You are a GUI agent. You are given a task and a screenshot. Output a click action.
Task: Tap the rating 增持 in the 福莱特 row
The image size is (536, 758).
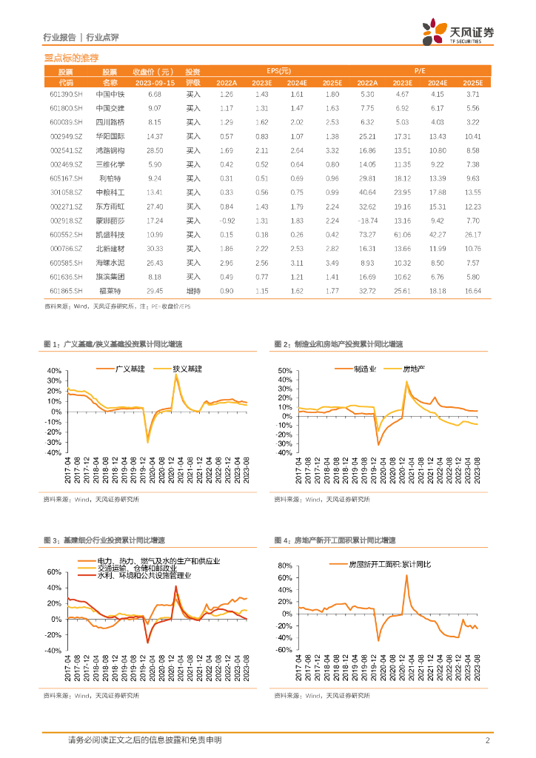pos(193,291)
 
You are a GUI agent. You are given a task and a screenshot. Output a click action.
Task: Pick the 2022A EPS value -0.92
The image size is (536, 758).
pos(227,221)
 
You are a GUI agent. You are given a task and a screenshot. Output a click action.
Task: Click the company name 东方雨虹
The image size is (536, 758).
pos(110,207)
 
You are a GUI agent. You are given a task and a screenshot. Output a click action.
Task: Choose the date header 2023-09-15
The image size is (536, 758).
pos(153,83)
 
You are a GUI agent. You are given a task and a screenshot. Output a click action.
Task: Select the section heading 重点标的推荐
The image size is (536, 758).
pos(72,57)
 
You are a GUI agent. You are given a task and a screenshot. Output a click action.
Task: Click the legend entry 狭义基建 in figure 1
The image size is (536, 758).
pos(188,368)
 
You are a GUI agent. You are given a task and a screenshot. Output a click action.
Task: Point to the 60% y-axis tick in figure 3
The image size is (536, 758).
pos(55,572)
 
